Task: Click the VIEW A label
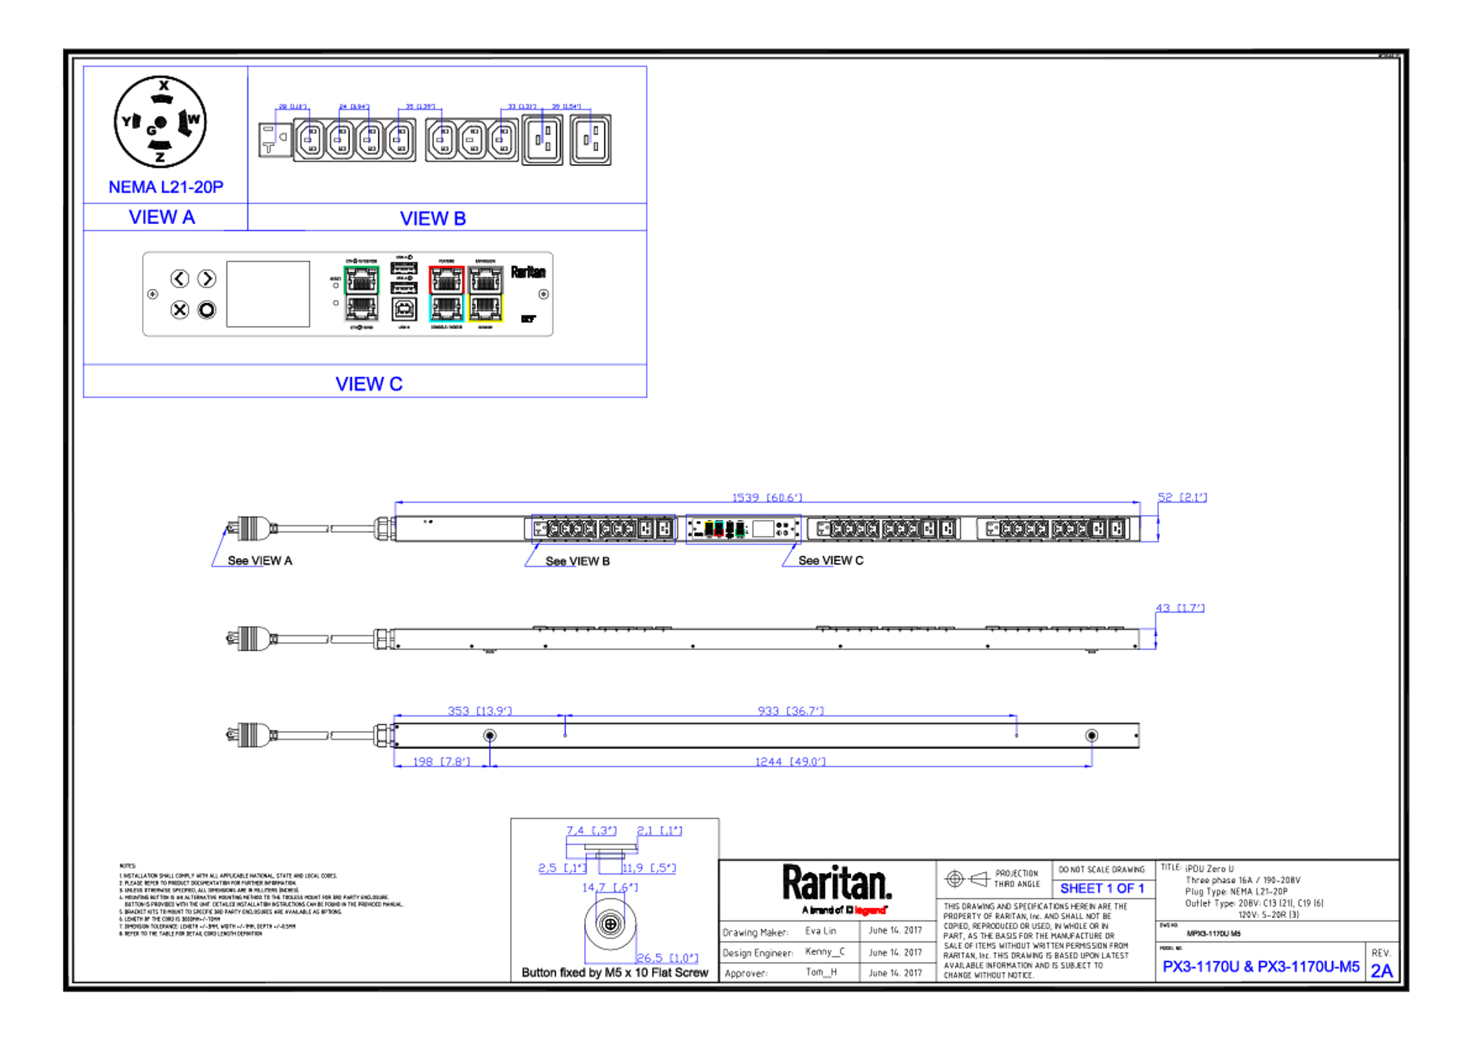tap(162, 217)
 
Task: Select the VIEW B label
tap(433, 219)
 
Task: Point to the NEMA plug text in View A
tap(166, 187)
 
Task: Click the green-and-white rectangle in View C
tap(362, 294)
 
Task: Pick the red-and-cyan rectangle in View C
tap(446, 294)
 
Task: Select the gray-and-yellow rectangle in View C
tap(486, 294)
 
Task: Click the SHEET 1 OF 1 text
tap(1102, 889)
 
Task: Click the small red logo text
tap(870, 910)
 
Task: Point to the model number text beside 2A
tap(1261, 966)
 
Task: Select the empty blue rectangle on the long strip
tap(603, 529)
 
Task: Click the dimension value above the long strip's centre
tap(767, 496)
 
